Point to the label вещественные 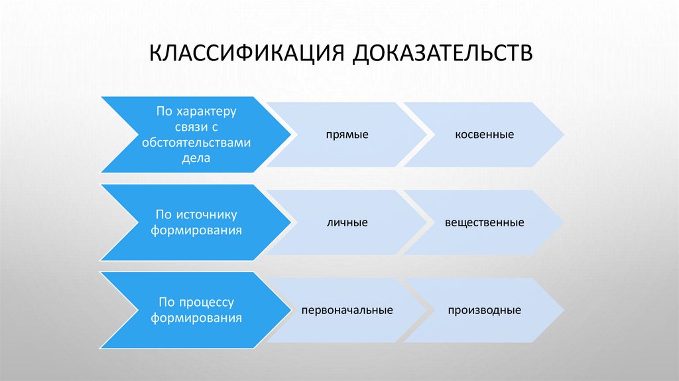pyautogui.click(x=484, y=222)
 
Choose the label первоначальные pyautogui.click(x=347, y=310)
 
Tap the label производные pyautogui.click(x=484, y=310)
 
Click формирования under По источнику pyautogui.click(x=195, y=230)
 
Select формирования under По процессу pyautogui.click(x=195, y=318)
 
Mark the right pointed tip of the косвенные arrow pyautogui.click(x=564, y=135)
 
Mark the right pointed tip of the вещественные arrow pyautogui.click(x=564, y=222)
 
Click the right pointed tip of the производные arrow pyautogui.click(x=564, y=310)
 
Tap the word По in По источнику pyautogui.click(x=163, y=214)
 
